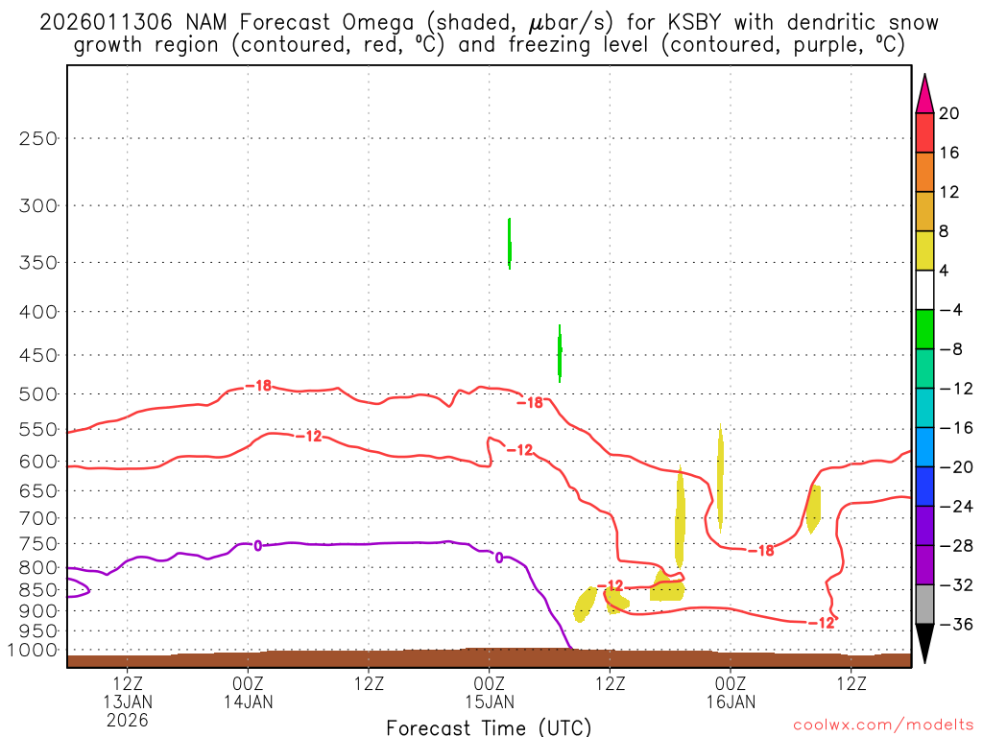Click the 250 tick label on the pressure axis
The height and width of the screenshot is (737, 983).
point(37,138)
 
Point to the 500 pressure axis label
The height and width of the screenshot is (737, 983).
point(37,393)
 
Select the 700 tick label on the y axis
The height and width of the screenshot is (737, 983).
point(37,517)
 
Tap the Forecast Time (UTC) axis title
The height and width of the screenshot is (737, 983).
point(489,726)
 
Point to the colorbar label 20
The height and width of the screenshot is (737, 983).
point(949,113)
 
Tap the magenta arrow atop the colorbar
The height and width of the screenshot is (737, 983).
point(924,92)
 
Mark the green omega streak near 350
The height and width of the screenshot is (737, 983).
point(510,244)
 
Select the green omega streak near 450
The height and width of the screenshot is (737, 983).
point(560,353)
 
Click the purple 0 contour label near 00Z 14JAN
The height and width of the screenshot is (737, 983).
point(257,545)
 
